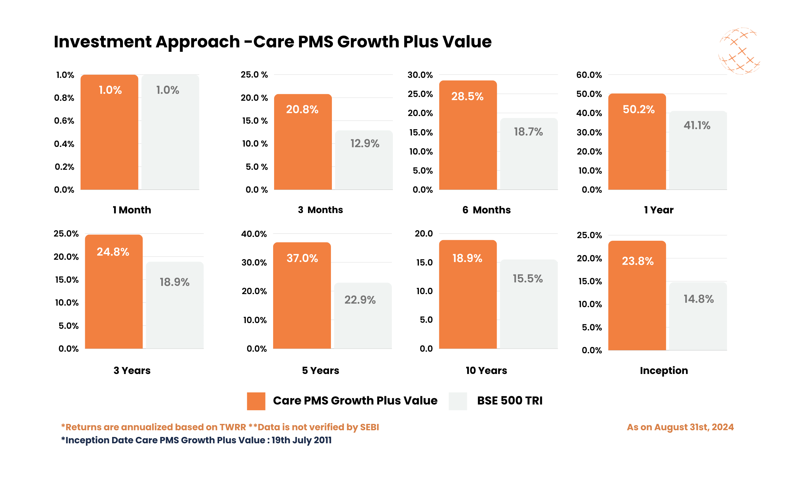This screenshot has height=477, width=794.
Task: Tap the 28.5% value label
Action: click(x=467, y=96)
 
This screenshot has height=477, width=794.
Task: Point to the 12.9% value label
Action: click(x=365, y=143)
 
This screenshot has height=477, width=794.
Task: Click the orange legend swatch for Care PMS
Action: click(x=256, y=401)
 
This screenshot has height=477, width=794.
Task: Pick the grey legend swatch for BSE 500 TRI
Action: click(x=458, y=401)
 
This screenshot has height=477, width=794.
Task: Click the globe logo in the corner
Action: click(x=739, y=51)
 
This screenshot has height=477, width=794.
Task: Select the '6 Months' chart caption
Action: click(x=486, y=210)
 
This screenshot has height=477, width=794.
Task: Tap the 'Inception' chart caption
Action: click(x=664, y=370)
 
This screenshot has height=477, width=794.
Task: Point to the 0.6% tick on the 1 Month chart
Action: click(x=64, y=121)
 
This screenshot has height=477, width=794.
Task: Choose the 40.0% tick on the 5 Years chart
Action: click(x=253, y=234)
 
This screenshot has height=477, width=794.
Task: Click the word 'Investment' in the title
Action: click(x=102, y=42)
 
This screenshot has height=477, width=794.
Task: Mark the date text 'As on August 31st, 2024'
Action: click(x=680, y=427)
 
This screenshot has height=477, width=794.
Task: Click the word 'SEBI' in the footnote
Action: click(x=369, y=427)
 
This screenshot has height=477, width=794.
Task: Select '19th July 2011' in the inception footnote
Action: click(x=301, y=440)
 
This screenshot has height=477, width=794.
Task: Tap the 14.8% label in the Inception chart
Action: click(x=698, y=299)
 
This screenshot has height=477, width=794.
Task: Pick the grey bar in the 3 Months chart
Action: click(x=364, y=167)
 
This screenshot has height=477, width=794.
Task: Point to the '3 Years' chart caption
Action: click(x=132, y=370)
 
